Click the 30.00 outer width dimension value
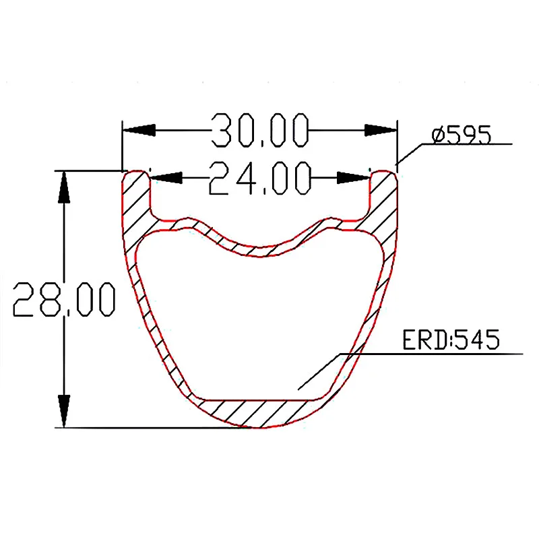click(260, 130)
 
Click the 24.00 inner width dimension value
click(260, 178)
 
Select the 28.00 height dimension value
click(64, 299)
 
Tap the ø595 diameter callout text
click(462, 135)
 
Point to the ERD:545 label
click(451, 340)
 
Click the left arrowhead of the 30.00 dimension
click(139, 130)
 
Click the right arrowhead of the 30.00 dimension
click(381, 130)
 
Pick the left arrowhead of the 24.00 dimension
click(166, 178)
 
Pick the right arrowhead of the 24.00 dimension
click(353, 178)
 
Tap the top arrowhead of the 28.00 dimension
click(64, 187)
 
